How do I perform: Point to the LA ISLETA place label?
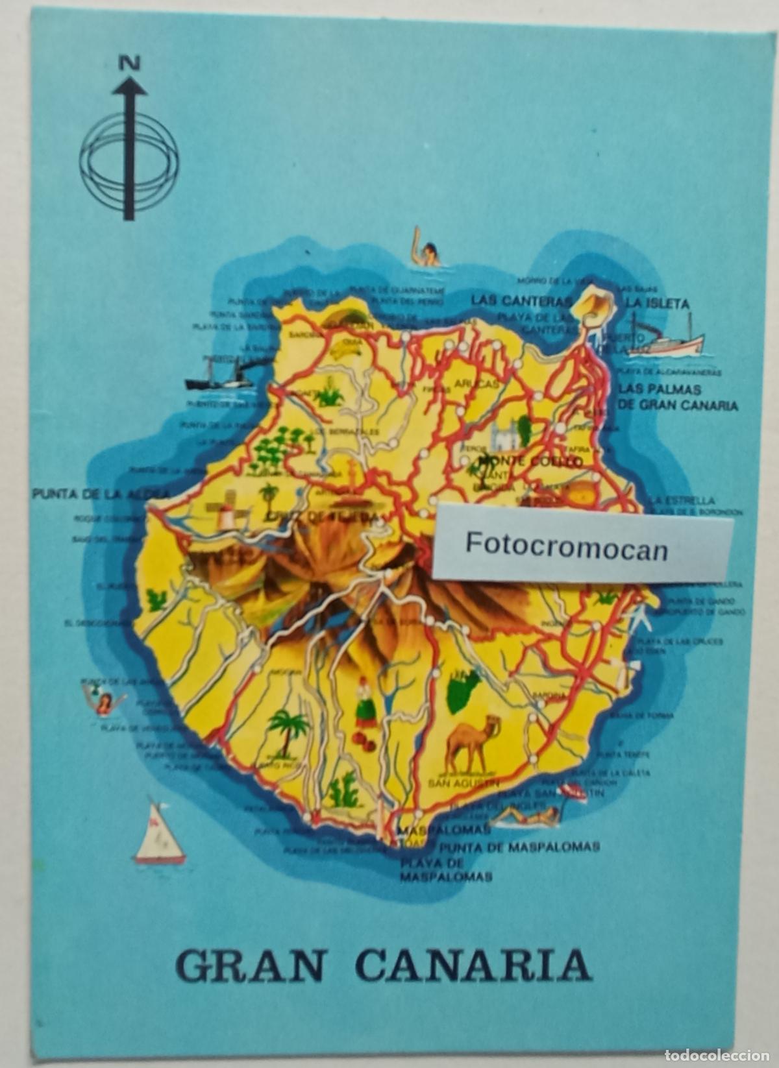[657, 303]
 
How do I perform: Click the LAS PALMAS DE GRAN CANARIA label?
[678, 397]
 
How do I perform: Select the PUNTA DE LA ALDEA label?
[96, 494]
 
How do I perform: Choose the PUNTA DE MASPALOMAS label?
[519, 846]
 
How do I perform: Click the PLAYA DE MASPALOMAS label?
[445, 869]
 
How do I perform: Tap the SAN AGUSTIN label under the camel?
[464, 783]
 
